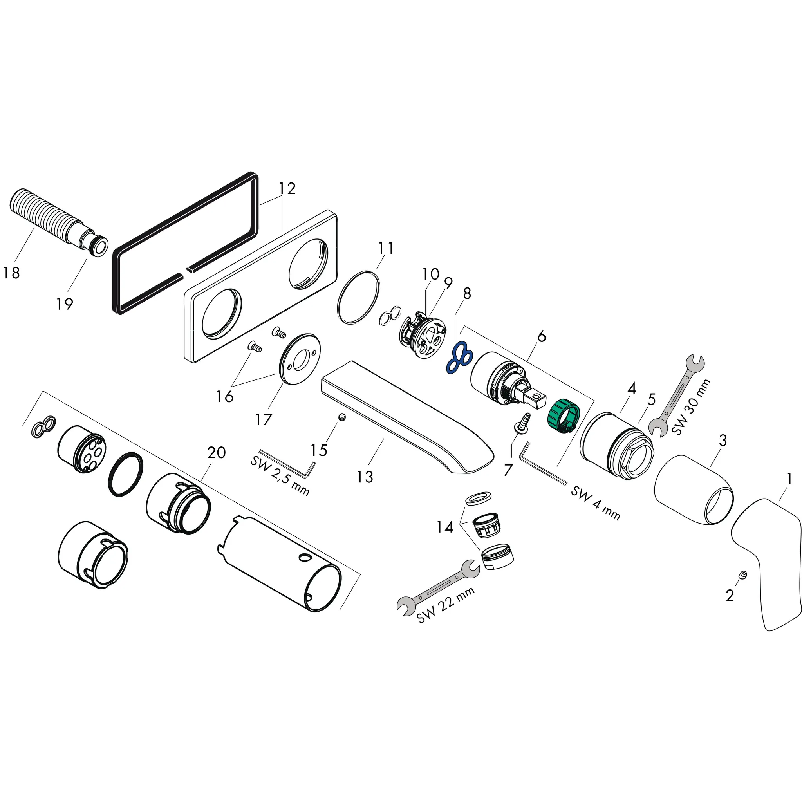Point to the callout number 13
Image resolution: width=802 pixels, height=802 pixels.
365,477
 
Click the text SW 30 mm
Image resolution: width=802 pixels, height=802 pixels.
691,407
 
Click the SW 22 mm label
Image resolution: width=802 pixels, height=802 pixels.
445,605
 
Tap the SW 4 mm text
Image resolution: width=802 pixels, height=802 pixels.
595,503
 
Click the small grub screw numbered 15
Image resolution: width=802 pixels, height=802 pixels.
342,418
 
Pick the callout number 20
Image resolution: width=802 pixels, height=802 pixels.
216,452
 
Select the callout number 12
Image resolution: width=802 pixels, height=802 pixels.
287,188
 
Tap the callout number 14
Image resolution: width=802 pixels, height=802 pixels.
444,527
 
